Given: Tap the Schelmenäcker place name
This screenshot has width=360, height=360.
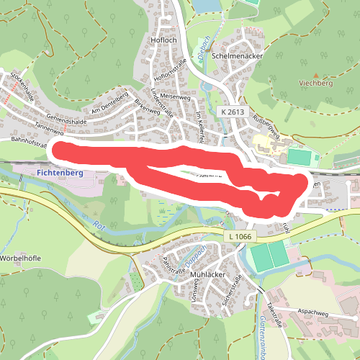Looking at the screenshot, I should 238,55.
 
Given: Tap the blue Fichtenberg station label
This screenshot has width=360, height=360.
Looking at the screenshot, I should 59,174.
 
